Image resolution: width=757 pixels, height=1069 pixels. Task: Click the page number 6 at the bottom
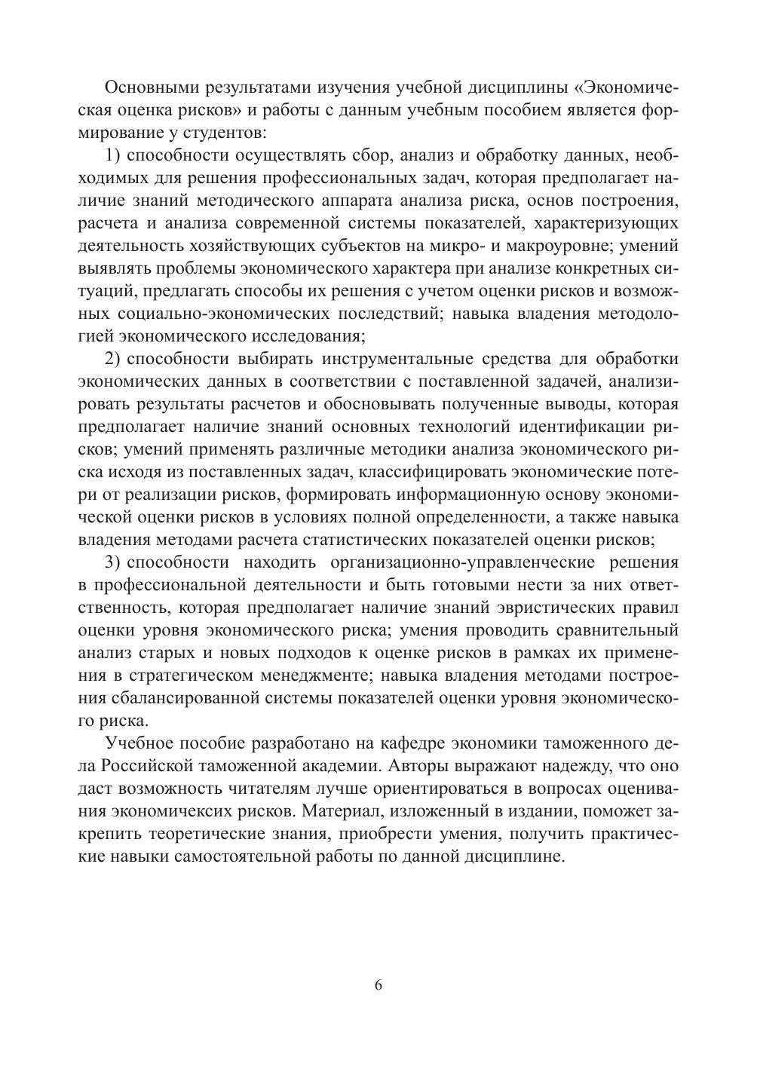pos(378,985)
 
